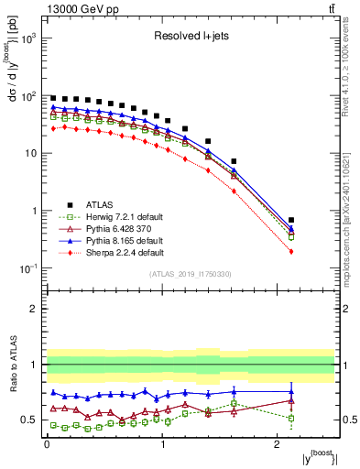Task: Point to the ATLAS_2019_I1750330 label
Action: click(190, 274)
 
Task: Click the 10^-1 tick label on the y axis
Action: click(30, 268)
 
